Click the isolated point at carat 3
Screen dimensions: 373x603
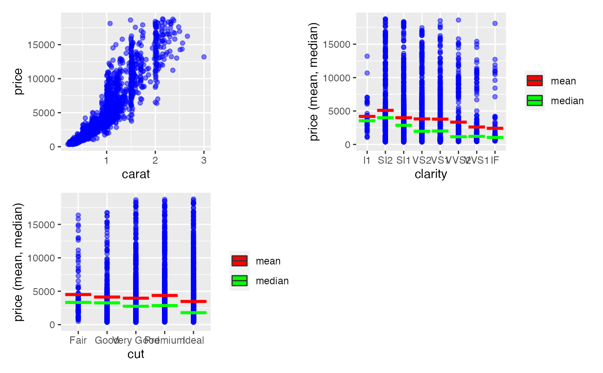point(204,57)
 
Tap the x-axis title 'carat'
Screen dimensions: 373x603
point(136,174)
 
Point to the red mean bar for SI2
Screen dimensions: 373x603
point(385,110)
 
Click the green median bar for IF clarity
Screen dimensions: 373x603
point(495,137)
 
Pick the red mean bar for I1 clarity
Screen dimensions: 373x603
point(367,116)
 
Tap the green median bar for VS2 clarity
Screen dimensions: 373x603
point(422,131)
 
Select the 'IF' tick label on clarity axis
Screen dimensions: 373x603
point(495,161)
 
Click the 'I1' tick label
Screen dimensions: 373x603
point(367,161)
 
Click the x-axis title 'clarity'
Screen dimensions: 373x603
point(431,174)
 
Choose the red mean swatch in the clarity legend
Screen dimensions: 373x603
point(535,81)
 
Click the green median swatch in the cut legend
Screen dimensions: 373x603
point(239,281)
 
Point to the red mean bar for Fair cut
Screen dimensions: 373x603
point(78,295)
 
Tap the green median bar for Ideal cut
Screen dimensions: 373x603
point(193,312)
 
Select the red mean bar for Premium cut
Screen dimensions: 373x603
point(165,295)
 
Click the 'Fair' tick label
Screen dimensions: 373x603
point(78,341)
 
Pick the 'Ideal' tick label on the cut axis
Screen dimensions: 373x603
point(193,341)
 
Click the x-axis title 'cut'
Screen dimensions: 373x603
point(136,354)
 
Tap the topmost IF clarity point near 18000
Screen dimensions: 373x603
point(495,23)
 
